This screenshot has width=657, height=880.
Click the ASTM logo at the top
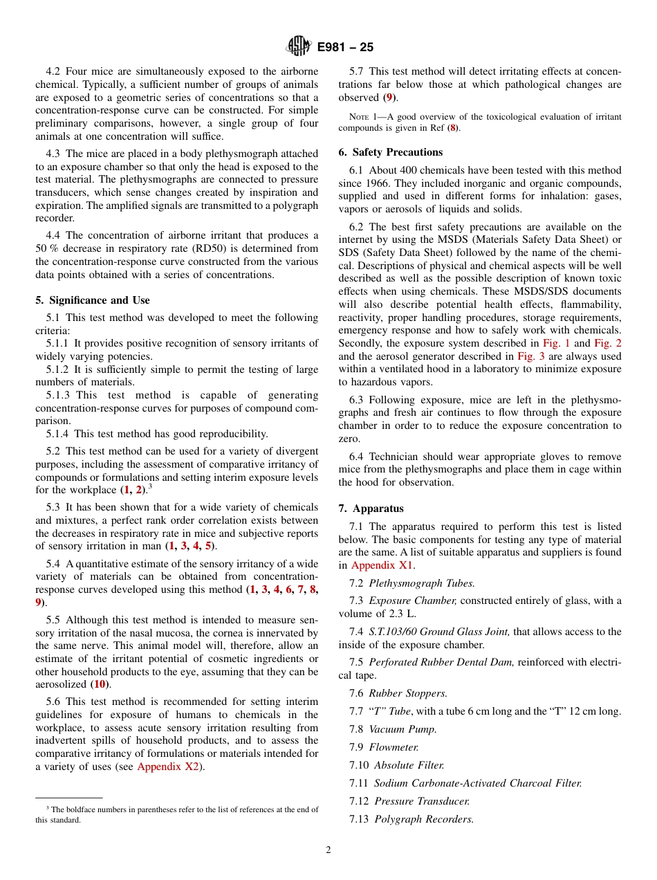pos(299,46)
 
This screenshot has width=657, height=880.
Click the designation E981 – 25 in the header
pos(345,47)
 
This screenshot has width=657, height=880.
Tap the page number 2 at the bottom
pos(328,850)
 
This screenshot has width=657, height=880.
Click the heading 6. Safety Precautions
pos(391,152)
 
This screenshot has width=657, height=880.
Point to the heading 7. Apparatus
pos(371,508)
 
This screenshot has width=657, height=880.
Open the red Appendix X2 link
pos(167,767)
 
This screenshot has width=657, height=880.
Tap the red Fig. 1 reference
pos(556,343)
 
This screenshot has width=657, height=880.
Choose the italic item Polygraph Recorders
pos(424,819)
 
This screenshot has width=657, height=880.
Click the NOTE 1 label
pos(353,117)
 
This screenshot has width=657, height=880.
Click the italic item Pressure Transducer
pos(422,801)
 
